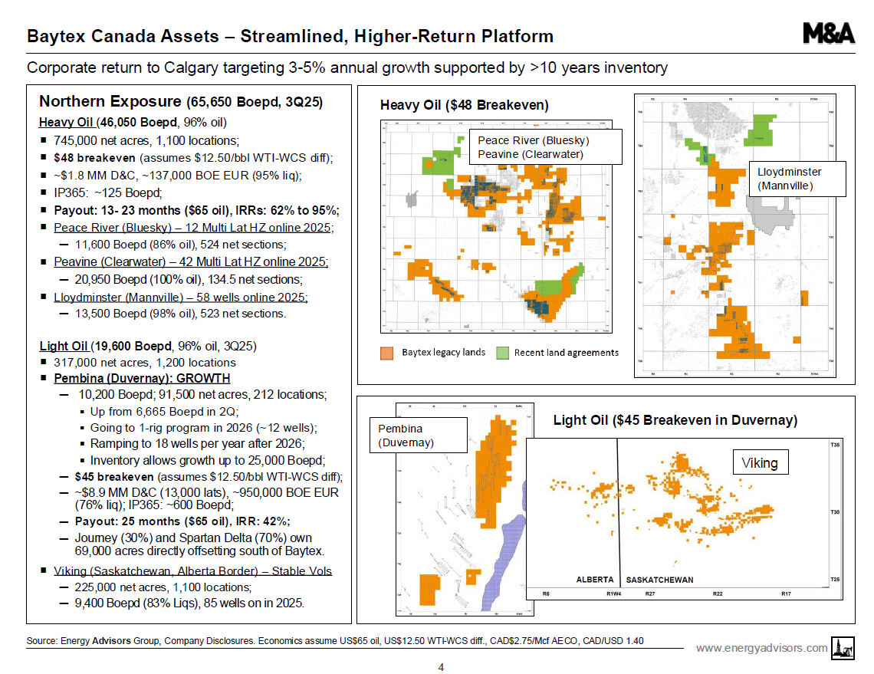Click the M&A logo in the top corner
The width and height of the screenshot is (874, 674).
tap(828, 34)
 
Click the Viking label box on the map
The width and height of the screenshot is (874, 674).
tap(760, 463)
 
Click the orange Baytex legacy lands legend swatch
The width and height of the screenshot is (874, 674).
tap(387, 353)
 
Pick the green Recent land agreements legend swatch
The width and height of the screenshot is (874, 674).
tap(502, 353)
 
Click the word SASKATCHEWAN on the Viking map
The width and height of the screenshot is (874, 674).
tap(660, 580)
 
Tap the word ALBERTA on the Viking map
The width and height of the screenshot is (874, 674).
tap(594, 580)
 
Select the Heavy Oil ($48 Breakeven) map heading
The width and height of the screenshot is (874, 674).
tap(465, 105)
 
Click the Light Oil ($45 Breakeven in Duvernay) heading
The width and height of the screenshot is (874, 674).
tap(675, 420)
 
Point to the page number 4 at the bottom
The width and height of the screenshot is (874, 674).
tap(441, 667)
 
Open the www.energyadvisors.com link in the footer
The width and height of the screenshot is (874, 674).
tap(761, 648)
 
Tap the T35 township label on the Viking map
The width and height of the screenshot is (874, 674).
tap(834, 444)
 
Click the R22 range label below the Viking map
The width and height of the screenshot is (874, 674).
tap(718, 594)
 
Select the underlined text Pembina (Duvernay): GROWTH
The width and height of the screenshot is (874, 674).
tap(142, 379)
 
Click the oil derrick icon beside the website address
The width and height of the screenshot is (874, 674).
tap(843, 649)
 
